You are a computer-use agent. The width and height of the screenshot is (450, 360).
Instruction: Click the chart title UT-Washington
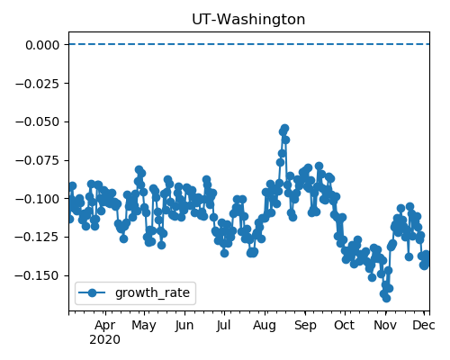coord(248,20)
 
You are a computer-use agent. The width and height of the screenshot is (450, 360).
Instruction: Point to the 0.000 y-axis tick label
coord(42,45)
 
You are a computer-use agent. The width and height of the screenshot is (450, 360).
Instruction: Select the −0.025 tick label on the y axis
coord(38,84)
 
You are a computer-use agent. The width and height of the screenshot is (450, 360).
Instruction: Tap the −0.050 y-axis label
coord(38,122)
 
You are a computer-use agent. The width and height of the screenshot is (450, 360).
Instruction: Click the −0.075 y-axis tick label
coord(38,160)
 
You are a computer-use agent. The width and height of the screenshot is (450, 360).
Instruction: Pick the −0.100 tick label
coord(38,199)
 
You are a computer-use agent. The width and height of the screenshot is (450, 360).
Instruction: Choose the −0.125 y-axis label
coord(38,238)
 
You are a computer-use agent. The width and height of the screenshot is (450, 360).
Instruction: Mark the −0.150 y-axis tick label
coord(38,275)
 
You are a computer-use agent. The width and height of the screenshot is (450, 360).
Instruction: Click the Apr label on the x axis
coord(105,326)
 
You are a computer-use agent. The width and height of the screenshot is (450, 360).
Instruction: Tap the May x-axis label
coord(144,326)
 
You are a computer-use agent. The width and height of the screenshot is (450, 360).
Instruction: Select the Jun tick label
coord(184,326)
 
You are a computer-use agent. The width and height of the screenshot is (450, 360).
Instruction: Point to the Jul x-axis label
coord(224,326)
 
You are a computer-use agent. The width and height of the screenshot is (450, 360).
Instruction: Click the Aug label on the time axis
coord(265,326)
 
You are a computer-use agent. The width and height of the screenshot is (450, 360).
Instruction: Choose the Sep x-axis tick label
coord(305,326)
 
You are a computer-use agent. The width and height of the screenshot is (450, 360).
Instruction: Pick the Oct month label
coord(345,326)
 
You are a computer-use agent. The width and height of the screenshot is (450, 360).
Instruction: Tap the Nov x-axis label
coord(385,326)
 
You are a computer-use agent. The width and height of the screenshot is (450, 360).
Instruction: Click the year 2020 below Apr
coord(105,340)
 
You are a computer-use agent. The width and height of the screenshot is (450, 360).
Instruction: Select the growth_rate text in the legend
coord(152,293)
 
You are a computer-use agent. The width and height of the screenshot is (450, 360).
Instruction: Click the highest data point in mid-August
coord(284,128)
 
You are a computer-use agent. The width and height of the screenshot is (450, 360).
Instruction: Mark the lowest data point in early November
coord(386,298)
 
